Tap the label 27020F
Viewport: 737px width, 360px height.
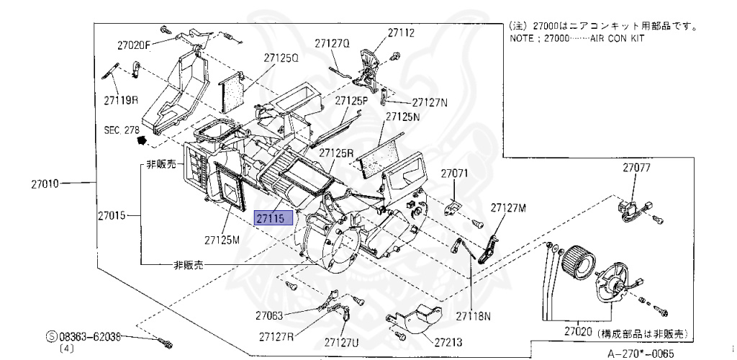click(x=134, y=45)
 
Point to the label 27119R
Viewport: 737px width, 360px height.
click(x=120, y=100)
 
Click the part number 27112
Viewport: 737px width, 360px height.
click(x=401, y=32)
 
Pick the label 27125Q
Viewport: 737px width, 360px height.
click(x=281, y=58)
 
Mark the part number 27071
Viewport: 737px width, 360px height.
click(x=455, y=174)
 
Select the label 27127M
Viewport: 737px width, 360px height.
click(x=509, y=207)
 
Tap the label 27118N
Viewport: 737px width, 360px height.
click(x=471, y=315)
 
